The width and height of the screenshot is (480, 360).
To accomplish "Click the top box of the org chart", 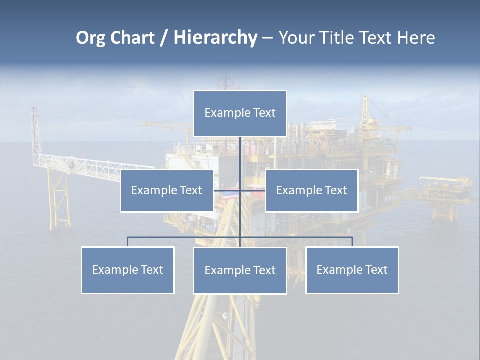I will [240, 113].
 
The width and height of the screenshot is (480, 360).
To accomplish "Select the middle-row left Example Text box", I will [167, 191].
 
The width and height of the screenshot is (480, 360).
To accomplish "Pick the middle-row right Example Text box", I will [311, 191].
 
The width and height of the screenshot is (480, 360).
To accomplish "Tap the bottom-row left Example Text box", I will [128, 270].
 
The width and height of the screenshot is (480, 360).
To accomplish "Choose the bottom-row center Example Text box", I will [240, 271].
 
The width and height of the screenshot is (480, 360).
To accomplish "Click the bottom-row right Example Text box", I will [352, 270].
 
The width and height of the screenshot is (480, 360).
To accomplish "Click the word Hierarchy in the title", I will [215, 38].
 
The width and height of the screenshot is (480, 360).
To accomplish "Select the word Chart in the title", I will [132, 38].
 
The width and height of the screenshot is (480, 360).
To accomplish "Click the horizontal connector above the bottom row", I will [185, 237].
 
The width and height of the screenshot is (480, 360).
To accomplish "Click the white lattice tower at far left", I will [35, 135].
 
